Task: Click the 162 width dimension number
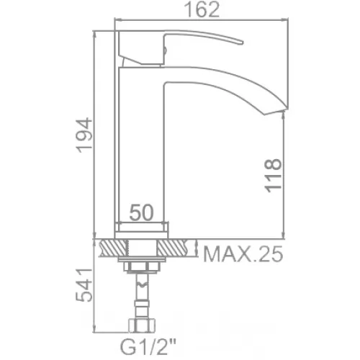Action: pos(203,9)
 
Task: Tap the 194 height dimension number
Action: pos(84,135)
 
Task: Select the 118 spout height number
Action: pos(273,176)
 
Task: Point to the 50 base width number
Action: pos(141,212)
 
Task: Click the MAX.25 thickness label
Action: pos(243,254)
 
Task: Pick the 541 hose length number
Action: pos(84,285)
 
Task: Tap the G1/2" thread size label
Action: pos(148,347)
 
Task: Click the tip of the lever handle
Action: pos(243,42)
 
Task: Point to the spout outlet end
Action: pos(276,111)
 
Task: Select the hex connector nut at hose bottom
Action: pos(142,325)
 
